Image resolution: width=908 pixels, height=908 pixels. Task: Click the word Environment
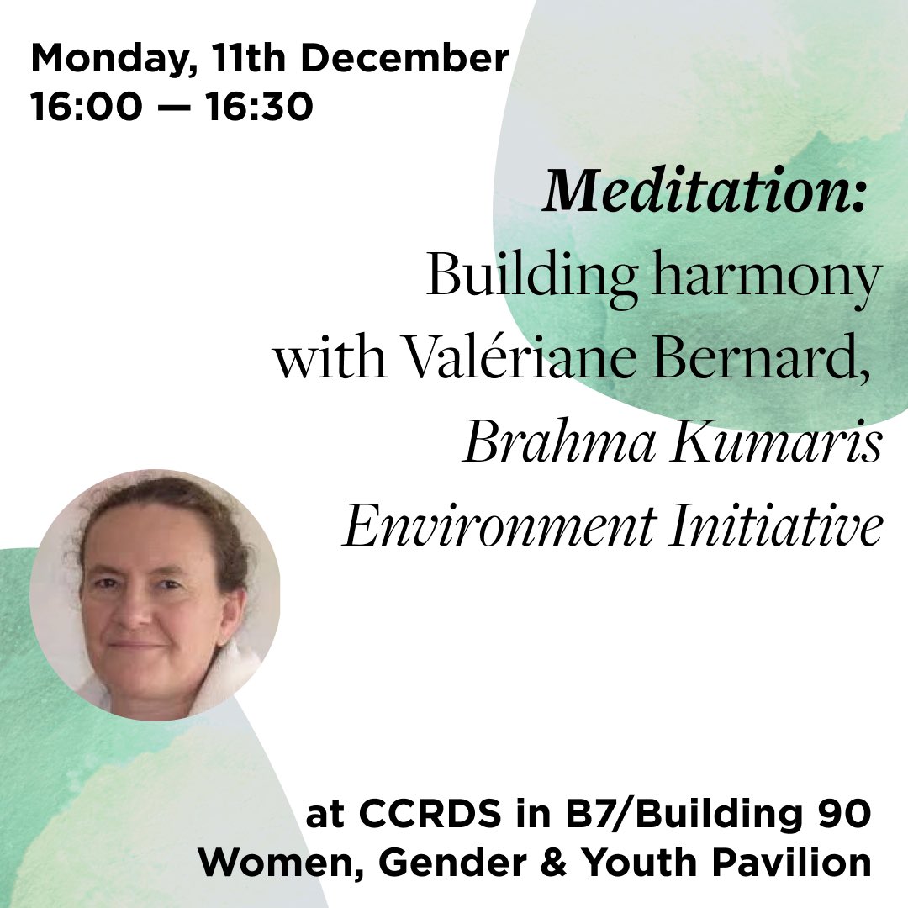coord(499,527)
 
